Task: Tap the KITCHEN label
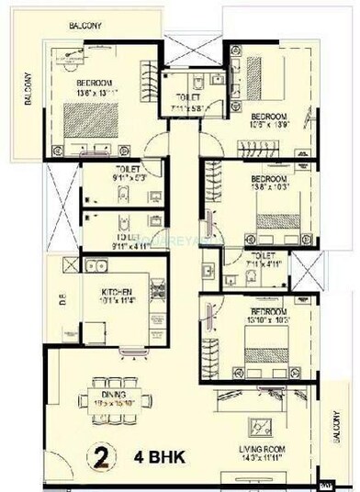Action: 117,289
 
